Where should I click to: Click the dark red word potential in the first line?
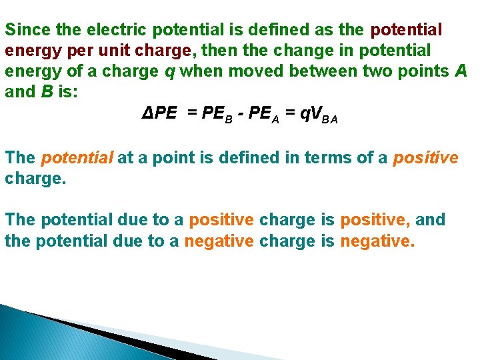(x=406, y=30)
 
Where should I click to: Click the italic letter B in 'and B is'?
(x=47, y=91)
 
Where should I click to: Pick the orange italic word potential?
(x=77, y=158)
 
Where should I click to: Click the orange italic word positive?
(x=425, y=158)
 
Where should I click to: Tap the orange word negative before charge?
(x=219, y=241)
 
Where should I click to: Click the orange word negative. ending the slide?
(x=377, y=241)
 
